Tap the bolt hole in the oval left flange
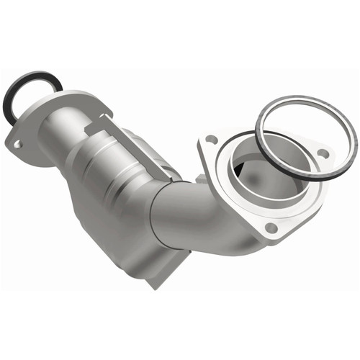(x=17, y=145)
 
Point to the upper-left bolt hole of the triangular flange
(x=211, y=139)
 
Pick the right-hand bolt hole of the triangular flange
(x=323, y=153)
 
